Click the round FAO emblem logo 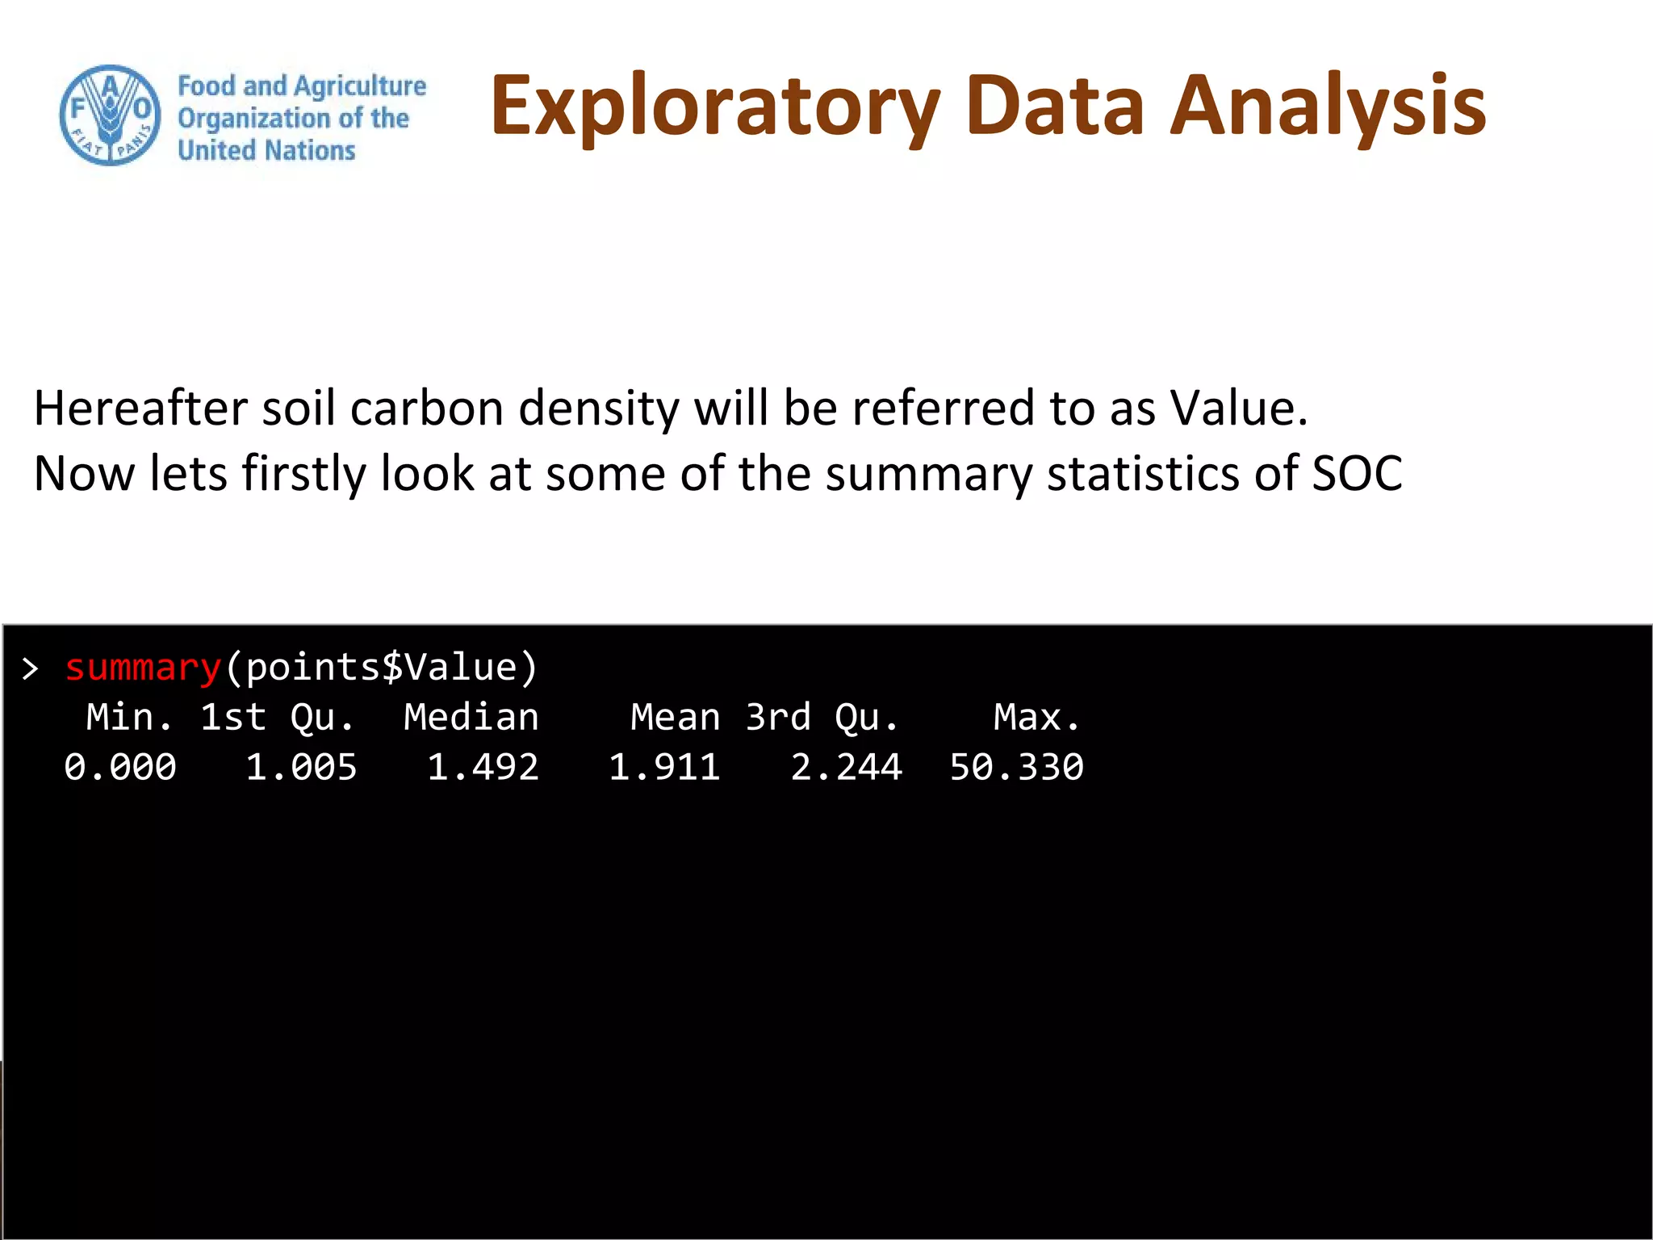[x=111, y=115]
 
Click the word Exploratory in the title [x=715, y=107]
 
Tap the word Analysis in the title [x=1328, y=107]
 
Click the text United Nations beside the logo [x=266, y=151]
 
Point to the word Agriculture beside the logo [x=360, y=86]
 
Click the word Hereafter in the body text [x=140, y=408]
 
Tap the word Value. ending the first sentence [x=1238, y=408]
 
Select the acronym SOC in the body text [x=1357, y=473]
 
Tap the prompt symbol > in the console [x=31, y=669]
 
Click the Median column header [x=471, y=718]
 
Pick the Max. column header [x=1036, y=718]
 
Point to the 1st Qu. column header [x=277, y=718]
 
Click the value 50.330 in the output [x=1016, y=768]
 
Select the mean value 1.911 [x=663, y=768]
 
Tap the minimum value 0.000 [x=120, y=768]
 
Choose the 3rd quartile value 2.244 [x=846, y=768]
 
